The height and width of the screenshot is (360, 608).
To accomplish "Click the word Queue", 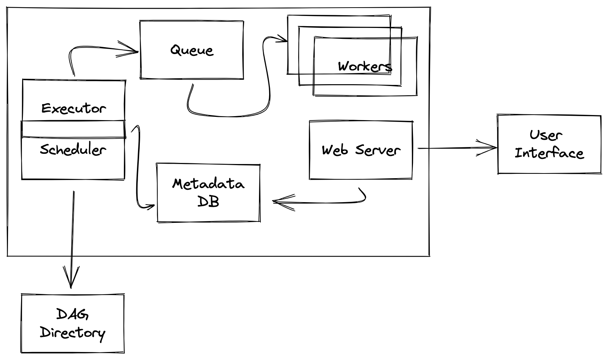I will click(192, 50).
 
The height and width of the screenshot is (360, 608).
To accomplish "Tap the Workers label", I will click(365, 66).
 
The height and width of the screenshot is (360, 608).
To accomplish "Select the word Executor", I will click(74, 108).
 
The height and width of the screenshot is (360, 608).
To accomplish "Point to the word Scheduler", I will click(73, 150).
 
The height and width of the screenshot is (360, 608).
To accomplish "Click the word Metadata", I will click(208, 184).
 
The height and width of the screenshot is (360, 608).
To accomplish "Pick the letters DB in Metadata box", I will click(208, 201).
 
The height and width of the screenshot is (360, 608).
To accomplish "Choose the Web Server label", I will click(361, 150).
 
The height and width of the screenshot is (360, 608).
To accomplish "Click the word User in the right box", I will click(546, 135).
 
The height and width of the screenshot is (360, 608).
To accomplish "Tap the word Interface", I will click(549, 153).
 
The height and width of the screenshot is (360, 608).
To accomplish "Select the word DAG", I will click(73, 314).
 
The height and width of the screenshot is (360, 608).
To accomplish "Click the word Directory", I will click(73, 332).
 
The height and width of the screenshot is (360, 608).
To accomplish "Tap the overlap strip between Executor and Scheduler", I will click(73, 129).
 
